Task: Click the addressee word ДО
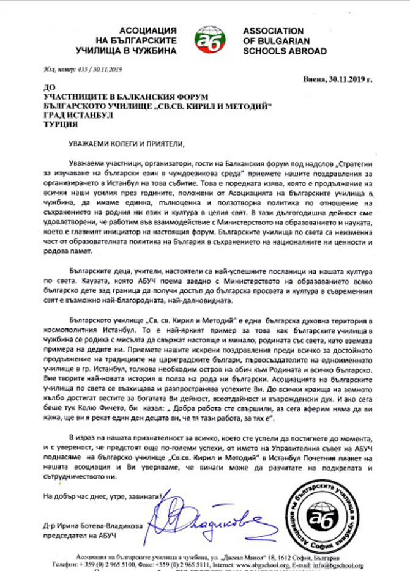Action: click(51, 87)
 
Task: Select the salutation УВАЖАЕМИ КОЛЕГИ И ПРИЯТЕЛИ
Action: click(126, 144)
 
